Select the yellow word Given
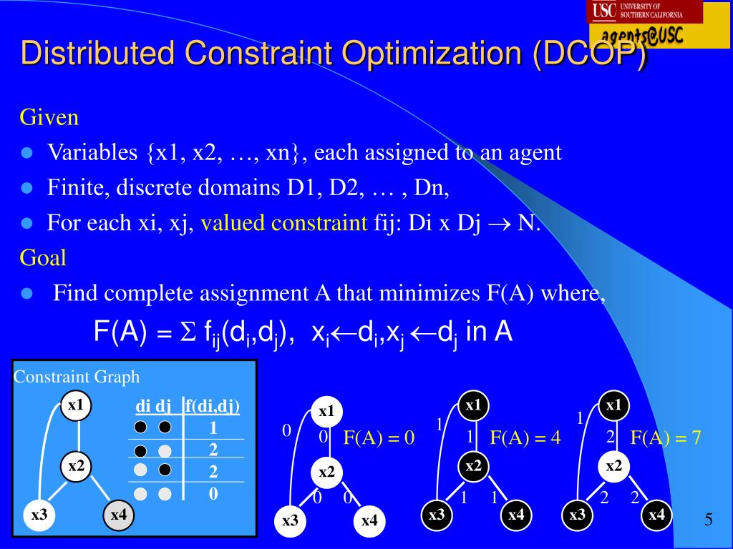(x=49, y=117)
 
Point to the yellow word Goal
(x=43, y=257)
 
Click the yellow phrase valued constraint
(x=283, y=223)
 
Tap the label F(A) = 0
(x=379, y=437)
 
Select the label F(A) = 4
(x=525, y=437)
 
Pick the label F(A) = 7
(x=665, y=437)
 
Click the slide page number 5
(x=708, y=520)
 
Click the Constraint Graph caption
(x=77, y=377)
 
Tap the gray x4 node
(x=118, y=514)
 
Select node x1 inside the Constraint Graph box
(x=76, y=406)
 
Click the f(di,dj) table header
(x=212, y=407)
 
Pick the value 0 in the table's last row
(x=213, y=494)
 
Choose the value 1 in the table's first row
(x=213, y=428)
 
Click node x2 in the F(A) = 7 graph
(x=613, y=467)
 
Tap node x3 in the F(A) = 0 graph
(x=290, y=520)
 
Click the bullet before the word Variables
(x=28, y=153)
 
